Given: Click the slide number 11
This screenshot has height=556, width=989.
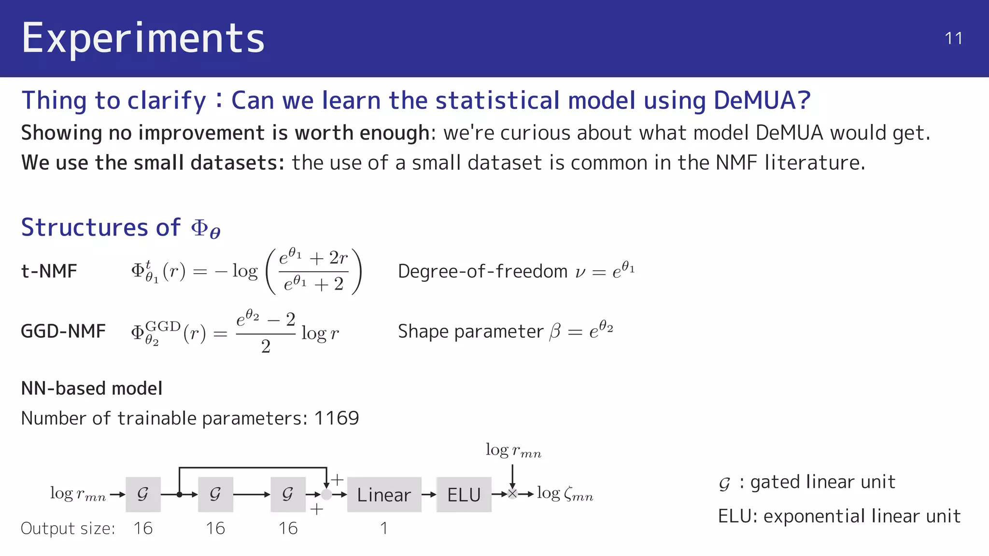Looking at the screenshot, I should click(953, 39).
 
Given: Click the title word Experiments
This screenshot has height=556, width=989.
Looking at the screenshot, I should click(143, 38).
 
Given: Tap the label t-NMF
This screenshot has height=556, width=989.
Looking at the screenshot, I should click(49, 271).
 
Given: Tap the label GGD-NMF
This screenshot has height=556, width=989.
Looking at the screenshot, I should click(63, 332).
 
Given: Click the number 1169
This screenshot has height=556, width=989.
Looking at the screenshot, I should click(337, 418).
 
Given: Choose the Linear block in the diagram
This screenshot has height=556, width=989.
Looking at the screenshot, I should click(384, 495).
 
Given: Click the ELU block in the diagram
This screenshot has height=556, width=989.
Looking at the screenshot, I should click(464, 495).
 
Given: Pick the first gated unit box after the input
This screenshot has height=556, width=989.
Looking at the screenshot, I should click(143, 494).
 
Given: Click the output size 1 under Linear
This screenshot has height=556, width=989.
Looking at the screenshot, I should click(384, 528).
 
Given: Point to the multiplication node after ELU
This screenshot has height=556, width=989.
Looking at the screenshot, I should click(512, 494).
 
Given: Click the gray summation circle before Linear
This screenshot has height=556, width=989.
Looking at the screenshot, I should click(326, 494).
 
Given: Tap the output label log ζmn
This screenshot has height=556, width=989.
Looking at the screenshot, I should click(565, 493).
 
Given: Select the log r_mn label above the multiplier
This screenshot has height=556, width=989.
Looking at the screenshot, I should click(513, 450).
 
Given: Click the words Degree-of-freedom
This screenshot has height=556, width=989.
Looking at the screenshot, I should click(482, 271).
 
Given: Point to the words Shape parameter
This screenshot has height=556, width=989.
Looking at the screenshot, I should click(470, 332).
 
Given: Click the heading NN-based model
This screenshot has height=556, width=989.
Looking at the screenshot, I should click(92, 389).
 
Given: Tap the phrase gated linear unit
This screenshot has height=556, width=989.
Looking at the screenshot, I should click(822, 482).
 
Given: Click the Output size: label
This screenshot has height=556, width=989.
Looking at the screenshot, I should click(68, 528).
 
